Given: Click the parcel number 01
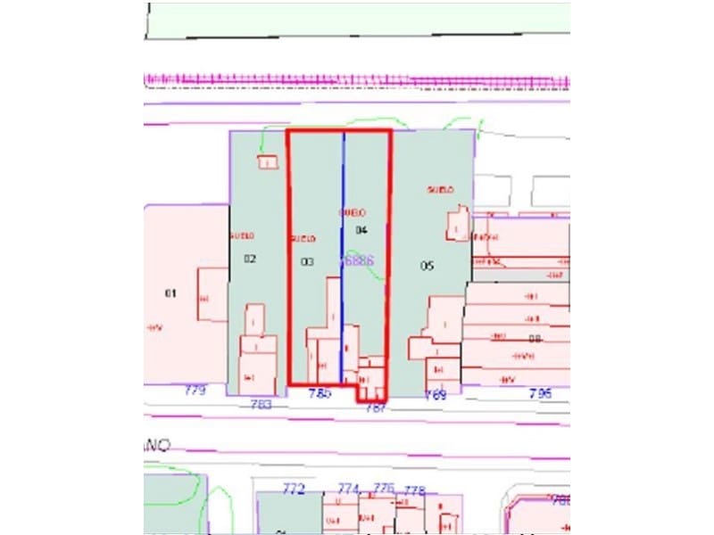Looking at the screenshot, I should point(170,293).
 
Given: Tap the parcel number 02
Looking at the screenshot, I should point(250,259).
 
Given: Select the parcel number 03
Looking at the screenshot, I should point(307,262).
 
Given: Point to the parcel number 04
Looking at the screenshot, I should point(362,230).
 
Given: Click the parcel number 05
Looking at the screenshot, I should point(427,266).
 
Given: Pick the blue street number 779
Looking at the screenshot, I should point(195,391).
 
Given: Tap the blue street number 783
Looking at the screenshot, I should point(262,404).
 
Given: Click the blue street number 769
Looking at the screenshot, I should point(436,394).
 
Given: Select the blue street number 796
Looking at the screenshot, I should point(540,393).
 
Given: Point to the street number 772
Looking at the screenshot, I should point(294,489).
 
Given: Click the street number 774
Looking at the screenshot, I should point(348,489).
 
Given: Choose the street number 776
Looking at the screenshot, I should point(384,488).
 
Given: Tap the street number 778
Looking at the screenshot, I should point(414,490).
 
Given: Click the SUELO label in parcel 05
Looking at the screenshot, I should point(441,190).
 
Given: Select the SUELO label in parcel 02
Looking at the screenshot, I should point(242,236).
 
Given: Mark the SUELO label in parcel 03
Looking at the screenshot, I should point(303,239).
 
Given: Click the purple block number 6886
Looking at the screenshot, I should point(357,260).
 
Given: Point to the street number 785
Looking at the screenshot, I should point(320,393).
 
